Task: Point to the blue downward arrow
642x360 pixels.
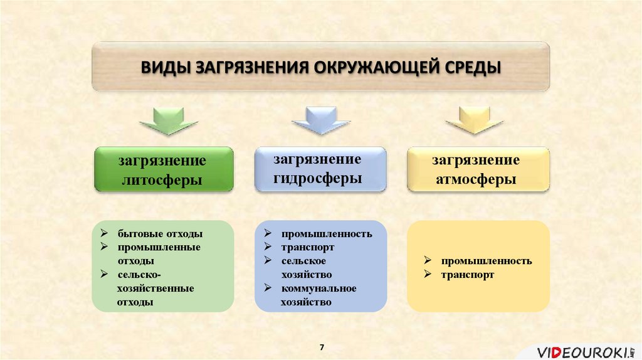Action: [320, 120]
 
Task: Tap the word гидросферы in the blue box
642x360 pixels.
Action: [318, 178]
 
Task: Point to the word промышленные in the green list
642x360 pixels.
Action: [159, 247]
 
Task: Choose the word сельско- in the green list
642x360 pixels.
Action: [139, 275]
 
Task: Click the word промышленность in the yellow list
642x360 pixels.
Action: [486, 261]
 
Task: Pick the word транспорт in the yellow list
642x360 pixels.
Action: [467, 275]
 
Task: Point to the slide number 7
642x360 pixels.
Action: [322, 347]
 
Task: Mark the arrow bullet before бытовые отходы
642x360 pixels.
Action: [104, 233]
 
